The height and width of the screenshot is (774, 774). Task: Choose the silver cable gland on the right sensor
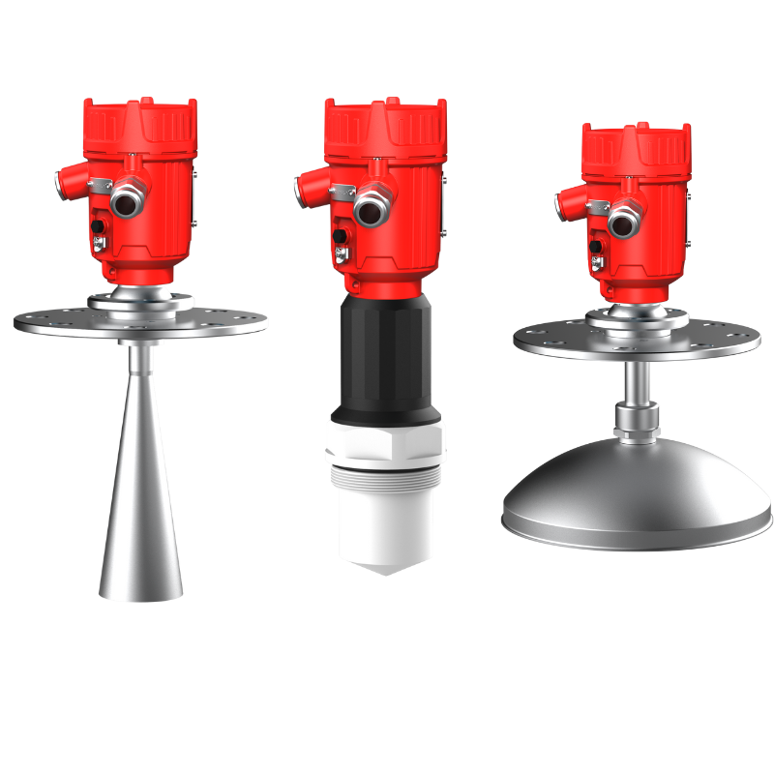(x=622, y=225)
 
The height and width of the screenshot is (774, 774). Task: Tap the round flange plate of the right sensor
(x=551, y=339)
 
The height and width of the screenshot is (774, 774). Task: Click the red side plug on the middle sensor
(x=307, y=182)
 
